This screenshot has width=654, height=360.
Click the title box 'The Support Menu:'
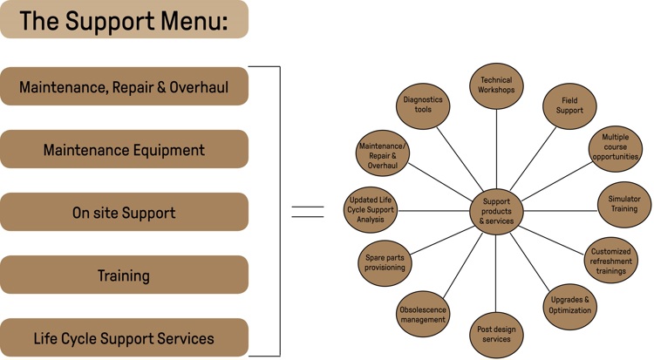(124, 19)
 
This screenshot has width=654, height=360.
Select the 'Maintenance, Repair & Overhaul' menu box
(124, 86)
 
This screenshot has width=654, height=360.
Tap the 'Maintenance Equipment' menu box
(124, 150)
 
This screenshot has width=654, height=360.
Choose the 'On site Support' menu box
(124, 213)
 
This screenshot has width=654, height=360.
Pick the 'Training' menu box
(124, 275)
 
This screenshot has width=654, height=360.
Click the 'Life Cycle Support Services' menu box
(124, 337)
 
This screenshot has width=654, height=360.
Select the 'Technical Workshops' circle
(496, 85)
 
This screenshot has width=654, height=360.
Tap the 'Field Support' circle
(569, 105)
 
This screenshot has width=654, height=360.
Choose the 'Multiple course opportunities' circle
(615, 149)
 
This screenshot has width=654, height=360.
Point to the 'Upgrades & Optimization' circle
(571, 305)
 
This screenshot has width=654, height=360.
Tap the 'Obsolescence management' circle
(423, 314)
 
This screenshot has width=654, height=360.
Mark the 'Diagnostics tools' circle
(423, 105)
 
